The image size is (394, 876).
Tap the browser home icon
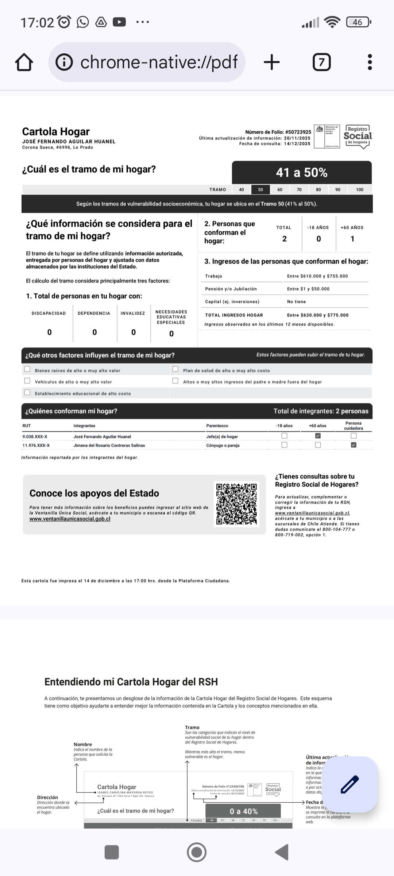click(24, 62)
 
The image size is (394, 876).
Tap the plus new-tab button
click(272, 62)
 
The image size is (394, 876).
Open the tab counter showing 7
click(321, 62)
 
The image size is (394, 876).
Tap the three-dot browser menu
click(370, 62)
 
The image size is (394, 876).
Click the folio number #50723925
click(298, 132)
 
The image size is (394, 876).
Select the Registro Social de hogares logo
click(358, 137)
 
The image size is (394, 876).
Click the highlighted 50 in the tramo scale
click(260, 189)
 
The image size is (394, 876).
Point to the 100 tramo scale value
click(360, 189)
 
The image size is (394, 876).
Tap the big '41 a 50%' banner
click(302, 172)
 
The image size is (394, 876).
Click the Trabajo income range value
click(317, 276)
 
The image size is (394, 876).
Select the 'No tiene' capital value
click(296, 301)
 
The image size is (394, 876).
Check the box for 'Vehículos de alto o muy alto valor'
click(27, 381)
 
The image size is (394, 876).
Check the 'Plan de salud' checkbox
click(175, 369)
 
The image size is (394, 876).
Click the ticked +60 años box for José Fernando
click(318, 436)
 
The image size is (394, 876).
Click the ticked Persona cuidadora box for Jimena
click(354, 445)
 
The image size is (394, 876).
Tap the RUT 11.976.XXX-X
click(36, 445)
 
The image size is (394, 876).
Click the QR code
click(236, 504)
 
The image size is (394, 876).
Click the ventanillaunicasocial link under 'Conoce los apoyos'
click(70, 519)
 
